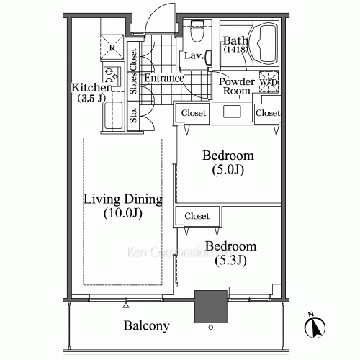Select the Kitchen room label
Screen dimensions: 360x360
coord(91,88)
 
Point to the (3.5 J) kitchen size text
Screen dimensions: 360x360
coord(92,99)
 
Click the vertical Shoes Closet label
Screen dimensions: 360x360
coord(134,70)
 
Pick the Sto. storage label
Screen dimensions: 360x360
coord(134,114)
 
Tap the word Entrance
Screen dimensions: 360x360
coord(162,78)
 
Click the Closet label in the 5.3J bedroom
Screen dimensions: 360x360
coord(197,216)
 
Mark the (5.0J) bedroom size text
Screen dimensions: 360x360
coord(227,171)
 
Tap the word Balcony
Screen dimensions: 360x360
coord(146,325)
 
